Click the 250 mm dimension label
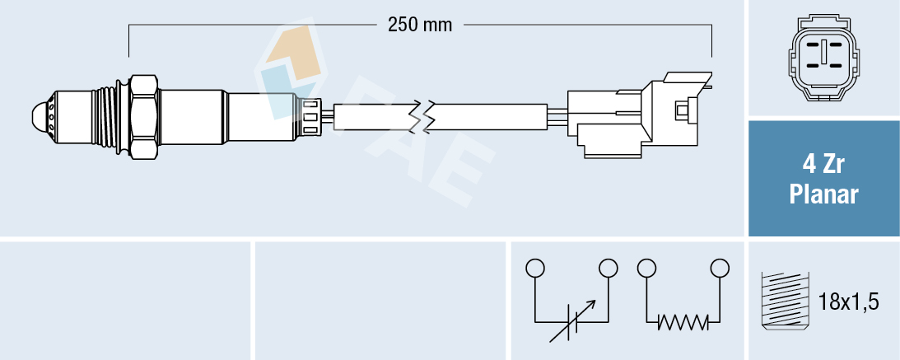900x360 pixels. click(420, 25)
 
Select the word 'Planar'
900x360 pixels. click(823, 195)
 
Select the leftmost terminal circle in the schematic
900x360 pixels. click(535, 268)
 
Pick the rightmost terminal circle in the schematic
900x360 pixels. click(720, 268)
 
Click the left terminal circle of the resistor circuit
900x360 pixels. click(646, 268)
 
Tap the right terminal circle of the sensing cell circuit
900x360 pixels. click(609, 268)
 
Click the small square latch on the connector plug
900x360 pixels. click(680, 109)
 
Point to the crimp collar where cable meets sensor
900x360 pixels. click(311, 115)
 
